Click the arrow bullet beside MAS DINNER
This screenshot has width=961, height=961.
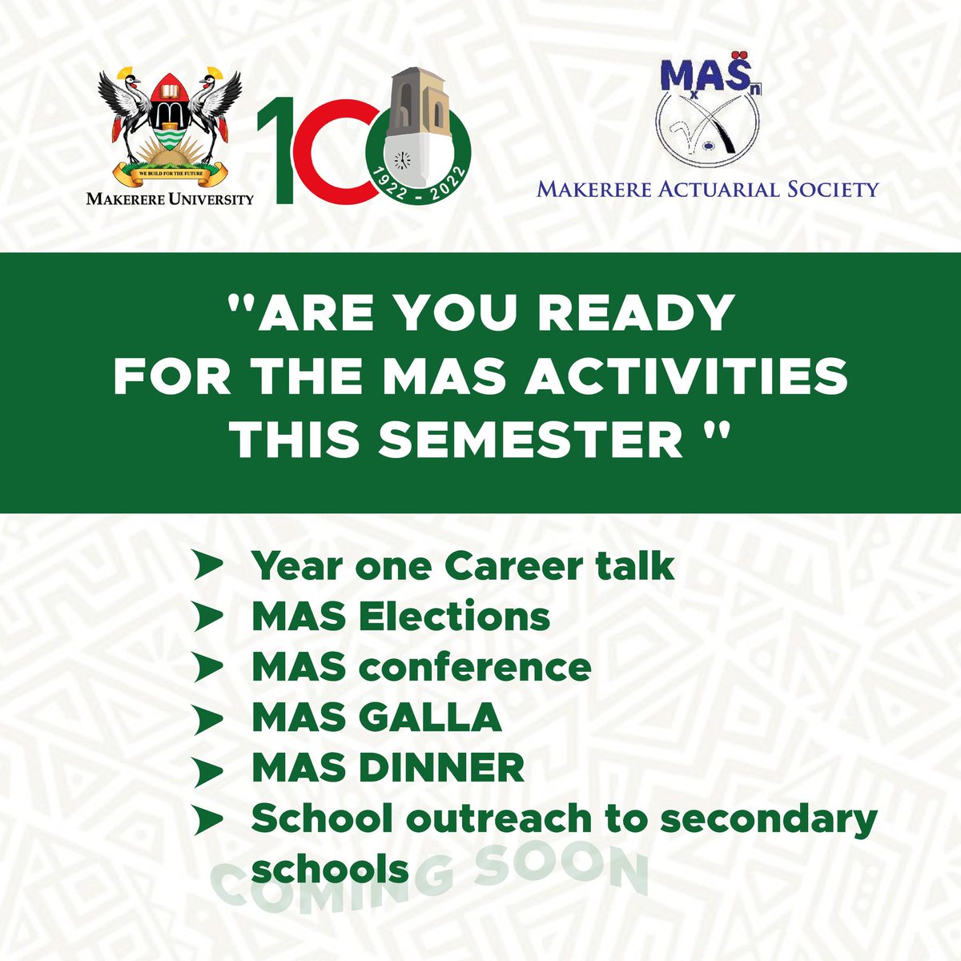(x=210, y=770)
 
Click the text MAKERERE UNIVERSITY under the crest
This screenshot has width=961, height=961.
(x=170, y=198)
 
